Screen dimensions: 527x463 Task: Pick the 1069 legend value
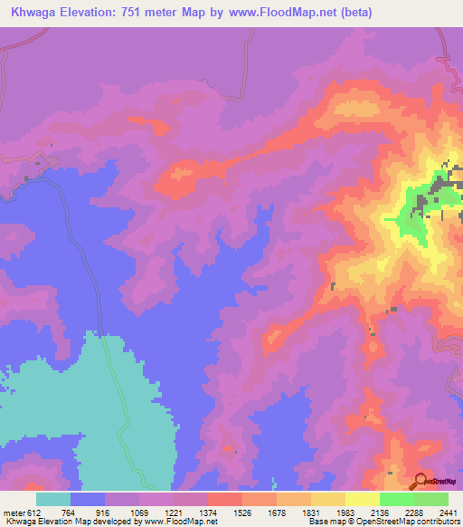coord(139,512)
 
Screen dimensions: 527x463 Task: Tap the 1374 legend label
coord(208,512)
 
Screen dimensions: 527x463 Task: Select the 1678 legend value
coord(277,512)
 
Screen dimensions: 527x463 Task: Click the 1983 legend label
coord(345,512)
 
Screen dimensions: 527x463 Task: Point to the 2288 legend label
coord(414,512)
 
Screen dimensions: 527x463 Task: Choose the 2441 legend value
coord(449,512)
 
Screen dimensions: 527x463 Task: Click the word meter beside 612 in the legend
coord(14,512)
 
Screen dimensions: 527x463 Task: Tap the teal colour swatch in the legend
coord(53,499)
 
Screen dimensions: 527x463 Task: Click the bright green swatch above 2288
coord(397,499)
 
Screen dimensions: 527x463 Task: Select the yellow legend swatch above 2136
coord(363,499)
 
